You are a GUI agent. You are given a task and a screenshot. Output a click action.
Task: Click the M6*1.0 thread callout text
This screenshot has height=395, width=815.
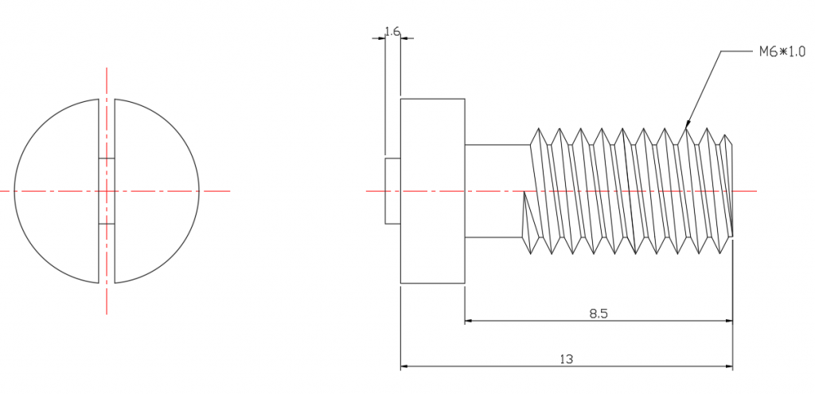point(782,52)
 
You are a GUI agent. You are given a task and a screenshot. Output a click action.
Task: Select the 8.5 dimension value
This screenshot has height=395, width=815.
point(599,314)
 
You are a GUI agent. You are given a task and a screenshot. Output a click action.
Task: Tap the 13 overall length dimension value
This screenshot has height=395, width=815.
point(567,359)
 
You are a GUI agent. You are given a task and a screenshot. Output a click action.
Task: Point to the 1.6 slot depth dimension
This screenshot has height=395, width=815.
point(392,32)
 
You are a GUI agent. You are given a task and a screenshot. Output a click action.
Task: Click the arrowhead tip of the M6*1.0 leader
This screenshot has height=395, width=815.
point(686,127)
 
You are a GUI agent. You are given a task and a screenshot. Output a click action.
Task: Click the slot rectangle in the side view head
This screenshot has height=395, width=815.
point(392,191)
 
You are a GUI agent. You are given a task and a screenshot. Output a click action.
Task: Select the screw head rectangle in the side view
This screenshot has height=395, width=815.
point(432,191)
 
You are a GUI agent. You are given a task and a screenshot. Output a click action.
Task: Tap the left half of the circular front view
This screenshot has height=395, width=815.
point(57,191)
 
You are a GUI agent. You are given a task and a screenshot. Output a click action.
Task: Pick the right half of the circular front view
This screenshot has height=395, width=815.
point(157,191)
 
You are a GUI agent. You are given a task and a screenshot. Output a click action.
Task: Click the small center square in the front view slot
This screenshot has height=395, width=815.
point(107,191)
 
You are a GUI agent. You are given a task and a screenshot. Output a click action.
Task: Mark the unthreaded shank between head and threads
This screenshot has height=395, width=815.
point(497,191)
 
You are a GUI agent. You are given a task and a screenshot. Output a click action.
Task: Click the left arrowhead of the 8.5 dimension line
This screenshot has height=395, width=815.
point(468,321)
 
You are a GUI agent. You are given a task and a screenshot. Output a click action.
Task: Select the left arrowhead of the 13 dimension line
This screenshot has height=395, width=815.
point(404,366)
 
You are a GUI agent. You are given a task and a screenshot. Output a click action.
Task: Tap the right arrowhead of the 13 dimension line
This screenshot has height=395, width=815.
point(729,366)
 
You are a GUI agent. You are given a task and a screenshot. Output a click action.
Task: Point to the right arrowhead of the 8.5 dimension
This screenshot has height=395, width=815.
point(729,321)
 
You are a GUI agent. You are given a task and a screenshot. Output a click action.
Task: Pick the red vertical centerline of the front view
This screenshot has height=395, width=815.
point(107,191)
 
